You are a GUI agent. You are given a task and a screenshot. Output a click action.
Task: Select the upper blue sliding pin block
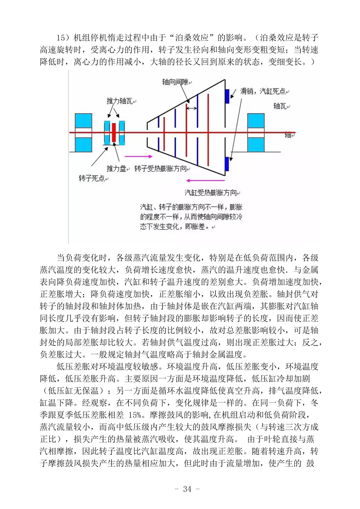pyautogui.click(x=227, y=96)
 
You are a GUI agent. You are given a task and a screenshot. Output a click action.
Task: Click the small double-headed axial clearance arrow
pyautogui.click(x=191, y=107)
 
